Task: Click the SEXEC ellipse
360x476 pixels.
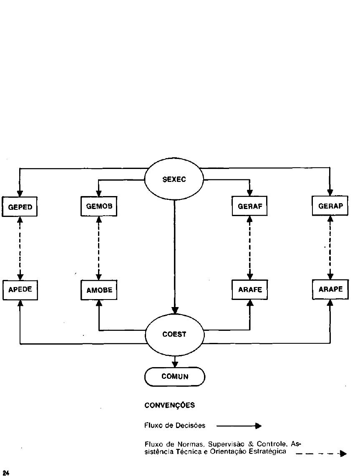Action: (x=174, y=180)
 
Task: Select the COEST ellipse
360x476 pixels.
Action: (x=174, y=334)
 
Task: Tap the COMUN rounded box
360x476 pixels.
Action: (x=175, y=376)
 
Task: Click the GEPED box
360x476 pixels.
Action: (x=20, y=207)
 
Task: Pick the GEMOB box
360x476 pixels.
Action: (x=99, y=207)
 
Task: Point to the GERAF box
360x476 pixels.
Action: (x=249, y=207)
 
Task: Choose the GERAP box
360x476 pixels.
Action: (x=330, y=206)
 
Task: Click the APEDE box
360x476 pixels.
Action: (x=20, y=290)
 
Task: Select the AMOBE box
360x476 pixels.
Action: (x=99, y=290)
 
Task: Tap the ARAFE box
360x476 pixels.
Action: (x=249, y=290)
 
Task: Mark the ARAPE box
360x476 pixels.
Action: (x=330, y=289)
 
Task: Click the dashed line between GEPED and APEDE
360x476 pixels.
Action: (x=20, y=248)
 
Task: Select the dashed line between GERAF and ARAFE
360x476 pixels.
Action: (x=249, y=248)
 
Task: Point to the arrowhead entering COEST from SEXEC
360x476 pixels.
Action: (x=175, y=310)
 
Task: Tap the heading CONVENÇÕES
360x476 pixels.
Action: (x=169, y=405)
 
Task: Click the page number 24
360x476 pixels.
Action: (x=6, y=472)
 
